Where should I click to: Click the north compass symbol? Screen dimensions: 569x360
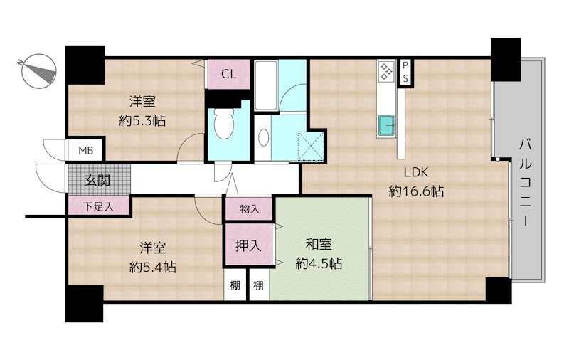tap(38, 71)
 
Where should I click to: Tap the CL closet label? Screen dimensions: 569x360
tap(228, 75)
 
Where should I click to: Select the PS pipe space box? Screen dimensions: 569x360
tap(405, 72)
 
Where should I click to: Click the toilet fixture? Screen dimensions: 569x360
tap(223, 124)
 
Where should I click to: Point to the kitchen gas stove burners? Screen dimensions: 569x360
tap(385, 71)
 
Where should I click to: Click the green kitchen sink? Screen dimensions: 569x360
tap(386, 125)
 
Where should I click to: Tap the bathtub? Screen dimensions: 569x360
tap(266, 85)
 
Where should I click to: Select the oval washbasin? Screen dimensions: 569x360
tap(264, 137)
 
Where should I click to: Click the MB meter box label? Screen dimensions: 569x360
tap(85, 150)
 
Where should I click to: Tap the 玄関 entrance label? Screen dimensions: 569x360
tap(97, 180)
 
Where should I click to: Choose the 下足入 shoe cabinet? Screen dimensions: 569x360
tap(98, 206)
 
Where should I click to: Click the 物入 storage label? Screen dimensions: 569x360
tap(250, 208)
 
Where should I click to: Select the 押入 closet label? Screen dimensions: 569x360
tap(248, 245)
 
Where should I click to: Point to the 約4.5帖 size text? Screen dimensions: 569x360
tap(319, 263)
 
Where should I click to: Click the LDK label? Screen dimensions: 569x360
tap(416, 172)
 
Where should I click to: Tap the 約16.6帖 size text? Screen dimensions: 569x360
tap(416, 191)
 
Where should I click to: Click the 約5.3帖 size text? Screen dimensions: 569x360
tap(142, 120)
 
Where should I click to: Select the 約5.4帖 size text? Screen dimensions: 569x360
tap(153, 267)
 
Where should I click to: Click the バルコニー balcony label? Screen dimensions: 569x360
tap(526, 183)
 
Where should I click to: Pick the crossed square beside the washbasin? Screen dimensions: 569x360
tap(311, 146)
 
